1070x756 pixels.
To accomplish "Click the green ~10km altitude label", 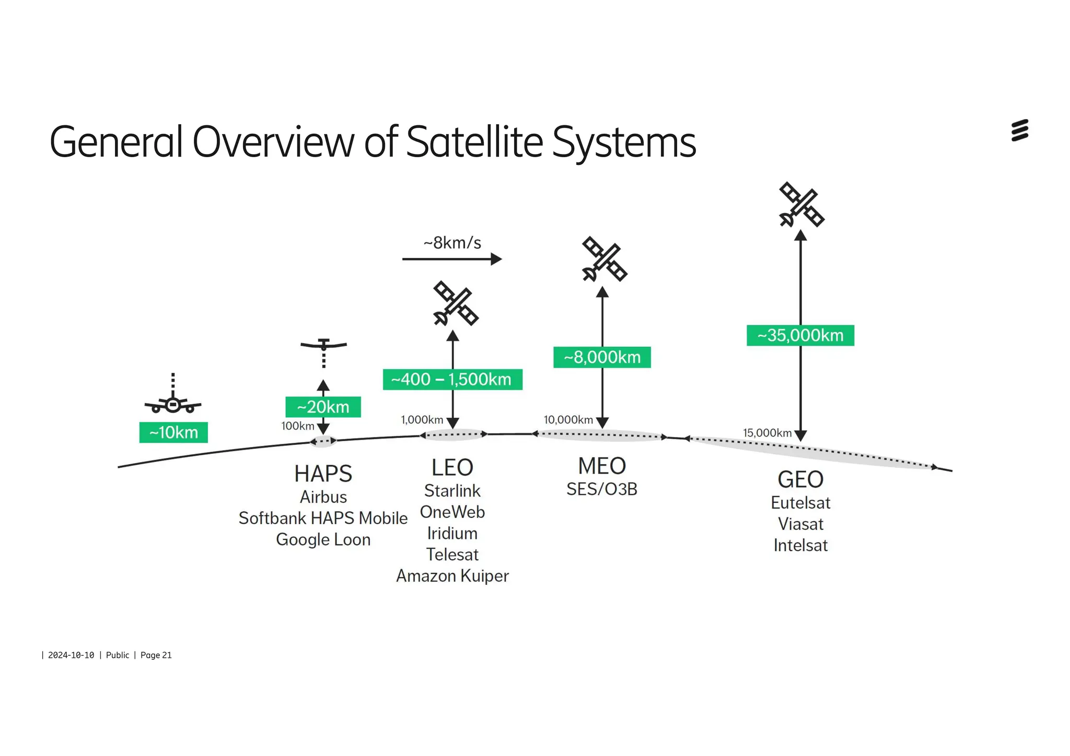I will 173,432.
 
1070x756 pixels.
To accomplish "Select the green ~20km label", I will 323,407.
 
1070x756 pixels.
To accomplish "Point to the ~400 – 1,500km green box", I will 452,379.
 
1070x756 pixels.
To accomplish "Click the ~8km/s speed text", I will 452,243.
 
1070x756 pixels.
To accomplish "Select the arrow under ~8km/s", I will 452,259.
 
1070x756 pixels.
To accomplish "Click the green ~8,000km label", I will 602,357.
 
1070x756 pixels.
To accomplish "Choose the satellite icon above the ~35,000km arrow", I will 801,204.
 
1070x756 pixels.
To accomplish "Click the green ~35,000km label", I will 800,335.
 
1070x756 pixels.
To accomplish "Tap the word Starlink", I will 452,491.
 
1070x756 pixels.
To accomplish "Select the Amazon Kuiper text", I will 452,576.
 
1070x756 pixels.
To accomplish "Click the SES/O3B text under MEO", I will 602,489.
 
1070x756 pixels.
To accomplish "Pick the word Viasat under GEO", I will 800,524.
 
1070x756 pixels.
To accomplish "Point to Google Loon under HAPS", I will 323,539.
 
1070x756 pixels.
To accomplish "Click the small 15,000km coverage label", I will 767,433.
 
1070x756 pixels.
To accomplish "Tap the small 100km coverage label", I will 297,426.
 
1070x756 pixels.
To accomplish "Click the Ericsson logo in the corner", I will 1019,131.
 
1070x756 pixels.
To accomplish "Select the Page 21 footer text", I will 156,655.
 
